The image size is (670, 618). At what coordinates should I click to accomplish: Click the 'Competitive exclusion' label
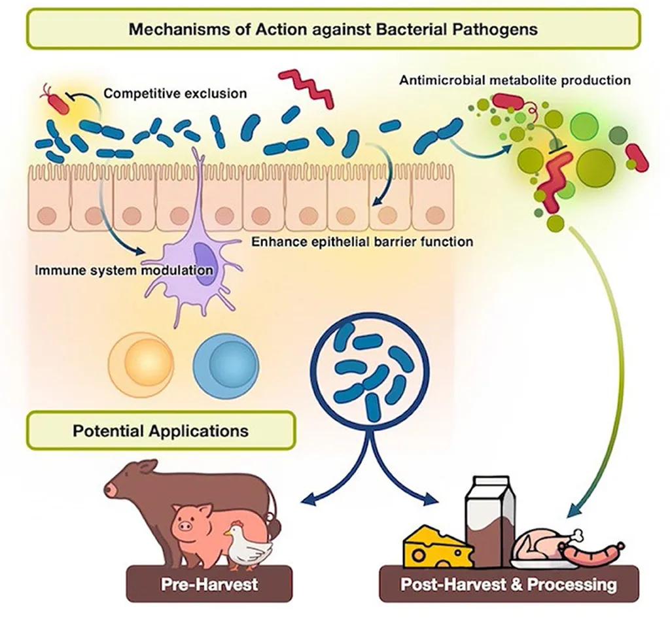click(x=175, y=94)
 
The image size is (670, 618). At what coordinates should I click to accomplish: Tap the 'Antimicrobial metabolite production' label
click(x=514, y=80)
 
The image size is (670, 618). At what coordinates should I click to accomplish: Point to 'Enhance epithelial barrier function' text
click(x=362, y=242)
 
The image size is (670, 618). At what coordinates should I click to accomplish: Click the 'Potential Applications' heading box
click(x=160, y=431)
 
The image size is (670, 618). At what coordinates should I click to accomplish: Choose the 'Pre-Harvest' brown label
click(x=200, y=583)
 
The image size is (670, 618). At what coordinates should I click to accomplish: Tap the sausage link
click(x=591, y=554)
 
